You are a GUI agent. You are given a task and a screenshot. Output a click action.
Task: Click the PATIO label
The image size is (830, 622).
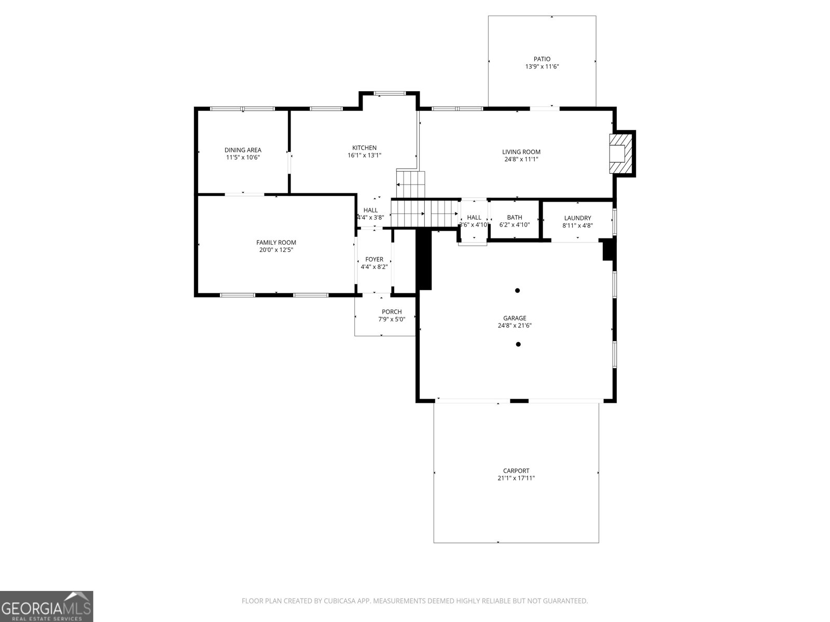542,59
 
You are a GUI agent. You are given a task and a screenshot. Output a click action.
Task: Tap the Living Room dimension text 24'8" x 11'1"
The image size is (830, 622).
521,160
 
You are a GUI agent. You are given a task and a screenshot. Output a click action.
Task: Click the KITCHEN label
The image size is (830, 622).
364,148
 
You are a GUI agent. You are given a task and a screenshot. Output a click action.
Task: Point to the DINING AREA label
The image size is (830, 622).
243,150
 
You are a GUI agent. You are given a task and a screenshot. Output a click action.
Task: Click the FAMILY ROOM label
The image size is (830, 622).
276,242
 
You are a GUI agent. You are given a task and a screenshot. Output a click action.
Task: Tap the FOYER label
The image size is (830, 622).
374,259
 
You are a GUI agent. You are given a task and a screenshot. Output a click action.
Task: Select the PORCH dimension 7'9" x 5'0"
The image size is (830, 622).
392,319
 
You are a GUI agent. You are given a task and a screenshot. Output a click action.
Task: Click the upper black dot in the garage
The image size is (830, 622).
517,291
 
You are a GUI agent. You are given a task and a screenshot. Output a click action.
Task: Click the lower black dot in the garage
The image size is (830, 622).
518,344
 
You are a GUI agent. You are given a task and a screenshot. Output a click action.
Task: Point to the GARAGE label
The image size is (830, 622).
515,318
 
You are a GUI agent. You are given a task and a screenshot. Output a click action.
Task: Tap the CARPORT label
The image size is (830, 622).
516,471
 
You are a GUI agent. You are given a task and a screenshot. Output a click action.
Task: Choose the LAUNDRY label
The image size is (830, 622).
577,218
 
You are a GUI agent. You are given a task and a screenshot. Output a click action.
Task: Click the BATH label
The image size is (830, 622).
515,217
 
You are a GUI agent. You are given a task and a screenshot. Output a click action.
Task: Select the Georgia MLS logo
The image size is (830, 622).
47,606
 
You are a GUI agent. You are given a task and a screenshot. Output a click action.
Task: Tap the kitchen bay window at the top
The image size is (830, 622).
390,93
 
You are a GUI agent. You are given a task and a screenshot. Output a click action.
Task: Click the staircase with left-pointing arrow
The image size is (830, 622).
410,183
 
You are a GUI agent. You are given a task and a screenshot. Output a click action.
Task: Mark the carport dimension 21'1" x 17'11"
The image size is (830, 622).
516,478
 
